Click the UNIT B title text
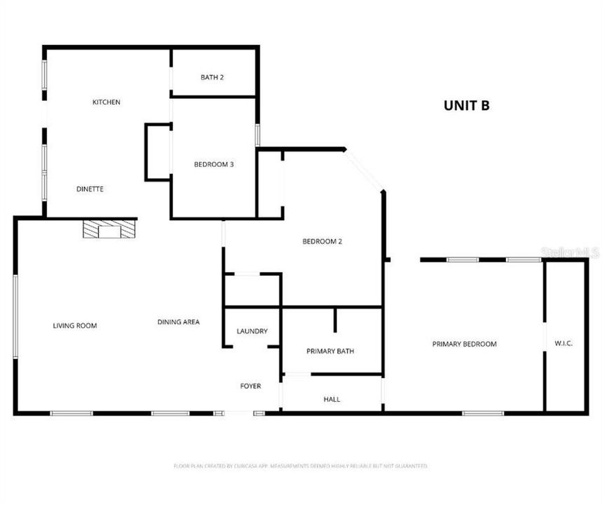point(466,106)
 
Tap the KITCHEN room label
point(107,102)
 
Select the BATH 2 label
point(212,77)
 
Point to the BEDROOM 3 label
point(213,165)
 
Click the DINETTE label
point(90,189)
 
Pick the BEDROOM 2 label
point(322,242)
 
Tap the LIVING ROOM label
point(75,325)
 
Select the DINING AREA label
point(178,322)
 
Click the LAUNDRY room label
point(252,331)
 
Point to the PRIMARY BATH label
point(330,351)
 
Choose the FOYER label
point(250,386)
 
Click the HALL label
point(331,399)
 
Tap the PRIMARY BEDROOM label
point(464,344)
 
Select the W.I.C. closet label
point(563,344)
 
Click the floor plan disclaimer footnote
point(301,466)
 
